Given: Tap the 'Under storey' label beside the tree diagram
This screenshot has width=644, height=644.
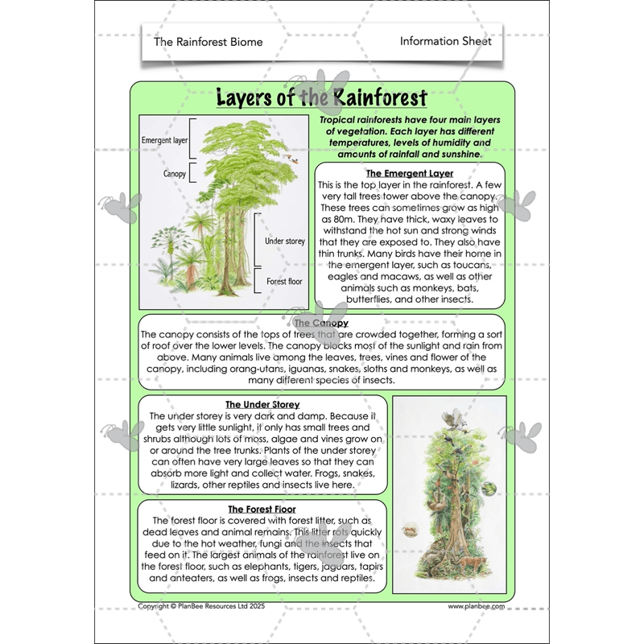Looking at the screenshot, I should click(x=283, y=241).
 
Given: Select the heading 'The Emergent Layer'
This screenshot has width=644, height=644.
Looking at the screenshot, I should click(x=409, y=173).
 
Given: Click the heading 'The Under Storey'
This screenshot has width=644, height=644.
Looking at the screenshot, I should click(x=262, y=404).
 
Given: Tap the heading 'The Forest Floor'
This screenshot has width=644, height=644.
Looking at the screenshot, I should click(x=262, y=510).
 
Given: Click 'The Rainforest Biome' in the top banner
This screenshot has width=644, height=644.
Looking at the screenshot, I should click(x=208, y=42).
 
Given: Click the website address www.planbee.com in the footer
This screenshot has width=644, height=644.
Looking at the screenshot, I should click(x=476, y=606).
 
